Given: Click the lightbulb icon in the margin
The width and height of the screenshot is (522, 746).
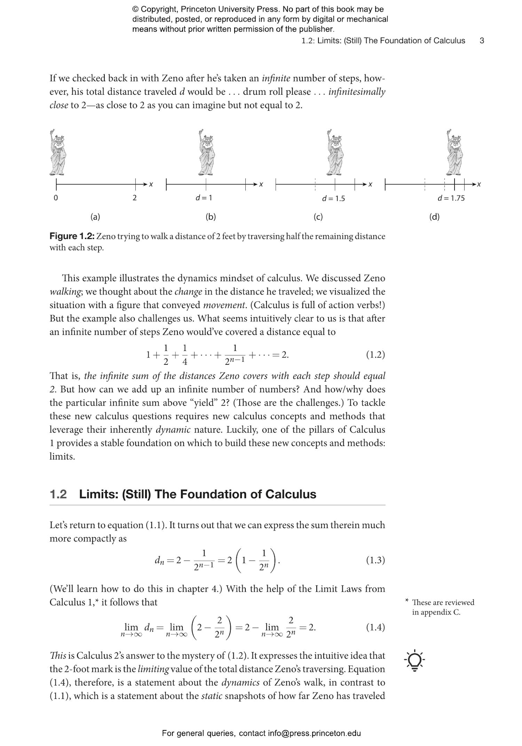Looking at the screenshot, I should [x=414, y=660].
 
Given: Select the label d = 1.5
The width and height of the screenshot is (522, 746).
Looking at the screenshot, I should [x=333, y=198].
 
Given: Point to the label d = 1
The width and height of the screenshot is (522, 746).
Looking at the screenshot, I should [x=204, y=198].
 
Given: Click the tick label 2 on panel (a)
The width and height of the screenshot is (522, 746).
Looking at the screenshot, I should [x=135, y=198].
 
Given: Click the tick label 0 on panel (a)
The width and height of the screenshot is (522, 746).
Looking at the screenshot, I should [x=56, y=198].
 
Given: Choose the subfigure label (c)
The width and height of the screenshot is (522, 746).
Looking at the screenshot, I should [x=318, y=217].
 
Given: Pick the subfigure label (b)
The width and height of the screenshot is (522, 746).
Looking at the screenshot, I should [x=211, y=217].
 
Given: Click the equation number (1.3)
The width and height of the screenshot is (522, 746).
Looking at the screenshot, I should [x=375, y=560].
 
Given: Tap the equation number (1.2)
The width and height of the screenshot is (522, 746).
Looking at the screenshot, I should [x=375, y=354].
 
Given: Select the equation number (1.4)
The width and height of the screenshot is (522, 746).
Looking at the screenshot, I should [x=375, y=627].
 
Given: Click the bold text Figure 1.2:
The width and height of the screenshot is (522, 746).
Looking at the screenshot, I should [x=72, y=236].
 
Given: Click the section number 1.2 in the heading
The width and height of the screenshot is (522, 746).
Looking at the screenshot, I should [x=58, y=494].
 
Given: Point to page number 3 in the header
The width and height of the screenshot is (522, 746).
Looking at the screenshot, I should [x=482, y=40].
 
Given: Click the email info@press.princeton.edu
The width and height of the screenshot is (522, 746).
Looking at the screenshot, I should [x=314, y=733].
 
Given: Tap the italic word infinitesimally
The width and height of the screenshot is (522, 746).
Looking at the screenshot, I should [x=357, y=92].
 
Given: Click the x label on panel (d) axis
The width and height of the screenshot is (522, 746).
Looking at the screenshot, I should [x=479, y=184].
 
